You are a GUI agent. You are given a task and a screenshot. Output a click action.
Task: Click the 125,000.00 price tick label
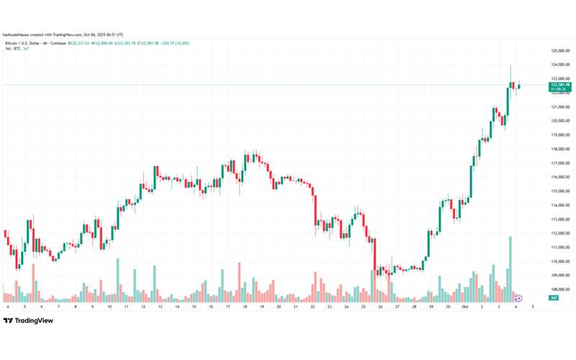pos(560,51)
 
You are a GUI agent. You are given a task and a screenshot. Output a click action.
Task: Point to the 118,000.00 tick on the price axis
pos(560,149)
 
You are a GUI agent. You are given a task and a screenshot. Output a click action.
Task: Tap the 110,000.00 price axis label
pos(560,261)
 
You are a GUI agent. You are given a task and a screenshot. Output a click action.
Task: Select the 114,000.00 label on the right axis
pos(560,205)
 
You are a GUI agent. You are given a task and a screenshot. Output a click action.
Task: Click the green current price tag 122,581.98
pos(560,85)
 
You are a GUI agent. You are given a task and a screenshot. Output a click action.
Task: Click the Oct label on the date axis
pos(466,307)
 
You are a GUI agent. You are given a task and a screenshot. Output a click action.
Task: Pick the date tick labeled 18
pos(245,307)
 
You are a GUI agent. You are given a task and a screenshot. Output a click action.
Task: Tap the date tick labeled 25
pos(363,307)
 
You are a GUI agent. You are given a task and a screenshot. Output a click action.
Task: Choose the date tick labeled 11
pos(126,307)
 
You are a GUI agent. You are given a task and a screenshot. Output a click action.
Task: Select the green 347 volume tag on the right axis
pos(554,297)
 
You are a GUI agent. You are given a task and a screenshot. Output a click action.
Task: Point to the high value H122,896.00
pos(120,43)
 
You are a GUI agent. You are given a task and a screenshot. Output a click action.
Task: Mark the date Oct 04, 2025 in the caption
pos(102,34)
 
